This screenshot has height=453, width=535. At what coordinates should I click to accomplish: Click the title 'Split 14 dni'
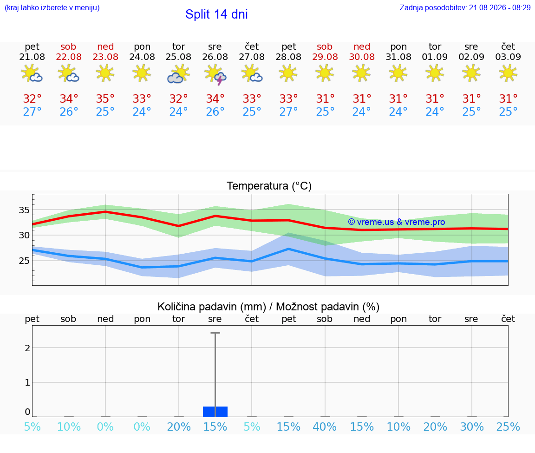(216, 14)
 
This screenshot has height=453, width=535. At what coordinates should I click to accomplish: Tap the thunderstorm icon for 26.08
(215, 74)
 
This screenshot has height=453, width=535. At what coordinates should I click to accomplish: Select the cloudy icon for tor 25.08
(178, 74)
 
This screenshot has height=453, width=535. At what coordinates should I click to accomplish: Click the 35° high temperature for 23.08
(105, 98)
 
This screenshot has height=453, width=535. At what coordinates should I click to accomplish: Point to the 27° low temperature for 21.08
(32, 112)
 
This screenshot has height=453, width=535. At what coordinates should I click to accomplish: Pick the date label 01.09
(435, 57)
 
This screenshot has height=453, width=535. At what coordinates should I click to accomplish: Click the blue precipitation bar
(215, 412)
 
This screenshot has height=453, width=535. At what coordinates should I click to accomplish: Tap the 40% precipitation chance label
(325, 427)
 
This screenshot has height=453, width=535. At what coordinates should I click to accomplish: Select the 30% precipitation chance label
(472, 427)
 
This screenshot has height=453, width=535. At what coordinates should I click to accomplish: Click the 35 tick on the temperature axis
(24, 210)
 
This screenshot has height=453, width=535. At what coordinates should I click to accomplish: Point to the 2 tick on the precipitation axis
(28, 348)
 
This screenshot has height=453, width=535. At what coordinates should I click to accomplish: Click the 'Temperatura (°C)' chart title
(269, 186)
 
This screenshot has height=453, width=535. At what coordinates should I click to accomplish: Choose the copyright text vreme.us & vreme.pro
(397, 222)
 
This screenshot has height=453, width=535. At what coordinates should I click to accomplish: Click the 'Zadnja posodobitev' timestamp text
(465, 7)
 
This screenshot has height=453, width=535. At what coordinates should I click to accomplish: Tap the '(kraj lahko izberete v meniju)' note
(52, 7)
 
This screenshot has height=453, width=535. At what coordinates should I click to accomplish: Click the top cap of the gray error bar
(215, 333)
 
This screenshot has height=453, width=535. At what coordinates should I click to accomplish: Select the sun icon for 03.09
(508, 73)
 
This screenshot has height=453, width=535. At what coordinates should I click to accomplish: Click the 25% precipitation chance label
(508, 427)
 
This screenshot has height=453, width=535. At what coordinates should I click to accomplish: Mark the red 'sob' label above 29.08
(325, 47)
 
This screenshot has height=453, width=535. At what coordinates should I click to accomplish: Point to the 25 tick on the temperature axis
(24, 261)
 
